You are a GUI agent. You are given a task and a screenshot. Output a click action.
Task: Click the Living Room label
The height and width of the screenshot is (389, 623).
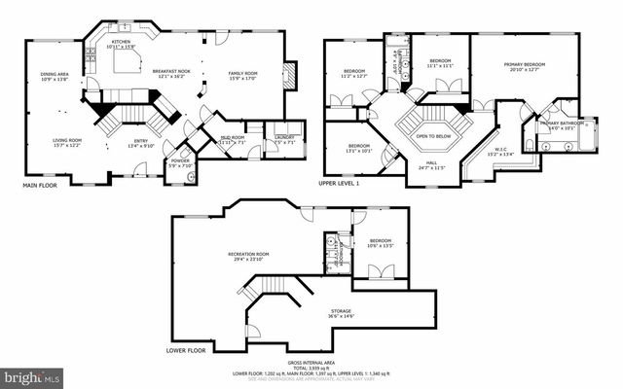click(x=67, y=141)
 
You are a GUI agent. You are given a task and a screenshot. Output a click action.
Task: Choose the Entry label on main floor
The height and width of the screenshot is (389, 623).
click(x=142, y=141)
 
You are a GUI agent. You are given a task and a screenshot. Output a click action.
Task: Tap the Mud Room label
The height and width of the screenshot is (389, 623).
click(x=233, y=139)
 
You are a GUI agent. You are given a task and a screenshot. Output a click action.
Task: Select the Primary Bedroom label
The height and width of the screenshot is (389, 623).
click(x=525, y=65)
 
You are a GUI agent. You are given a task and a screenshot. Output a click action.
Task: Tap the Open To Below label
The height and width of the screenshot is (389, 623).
click(x=428, y=135)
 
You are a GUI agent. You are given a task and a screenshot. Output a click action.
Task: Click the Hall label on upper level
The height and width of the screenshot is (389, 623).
click(x=429, y=163)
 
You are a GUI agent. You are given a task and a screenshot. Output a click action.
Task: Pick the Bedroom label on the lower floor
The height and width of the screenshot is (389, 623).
click(x=380, y=241)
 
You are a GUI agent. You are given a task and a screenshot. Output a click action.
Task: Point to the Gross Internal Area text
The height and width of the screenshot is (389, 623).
click(x=312, y=364)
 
